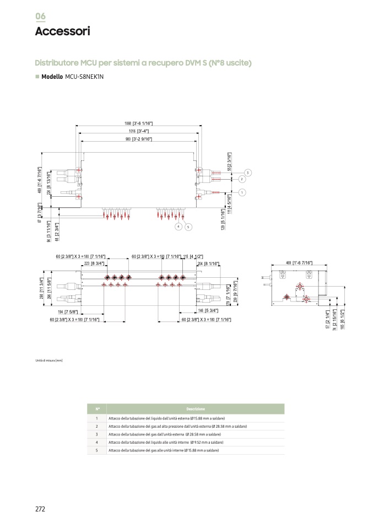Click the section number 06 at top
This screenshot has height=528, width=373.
pyautogui.click(x=41, y=16)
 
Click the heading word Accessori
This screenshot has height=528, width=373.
pyautogui.click(x=62, y=31)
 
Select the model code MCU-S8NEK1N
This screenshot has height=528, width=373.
pyautogui.click(x=84, y=77)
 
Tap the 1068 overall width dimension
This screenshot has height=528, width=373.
pyautogui.click(x=138, y=123)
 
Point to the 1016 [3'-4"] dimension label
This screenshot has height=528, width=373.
pyautogui.click(x=139, y=131)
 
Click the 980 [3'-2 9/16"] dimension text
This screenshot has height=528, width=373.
pyautogui.click(x=139, y=139)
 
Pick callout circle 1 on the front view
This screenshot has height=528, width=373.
pyautogui.click(x=242, y=192)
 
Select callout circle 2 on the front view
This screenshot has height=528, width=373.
pyautogui.click(x=242, y=179)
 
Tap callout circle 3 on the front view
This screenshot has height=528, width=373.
pyautogui.click(x=248, y=173)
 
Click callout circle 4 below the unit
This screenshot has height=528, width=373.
pyautogui.click(x=179, y=227)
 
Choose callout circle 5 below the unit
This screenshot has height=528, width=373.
pyautogui.click(x=188, y=227)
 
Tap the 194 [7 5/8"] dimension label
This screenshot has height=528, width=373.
pyautogui.click(x=69, y=311)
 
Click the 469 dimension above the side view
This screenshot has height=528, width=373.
pyautogui.click(x=296, y=262)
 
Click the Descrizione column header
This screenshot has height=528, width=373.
pyautogui.click(x=195, y=409)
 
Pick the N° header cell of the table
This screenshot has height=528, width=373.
pyautogui.click(x=97, y=409)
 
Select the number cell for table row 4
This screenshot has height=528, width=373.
pyautogui.click(x=97, y=442)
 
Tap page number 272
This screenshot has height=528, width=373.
pyautogui.click(x=40, y=509)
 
